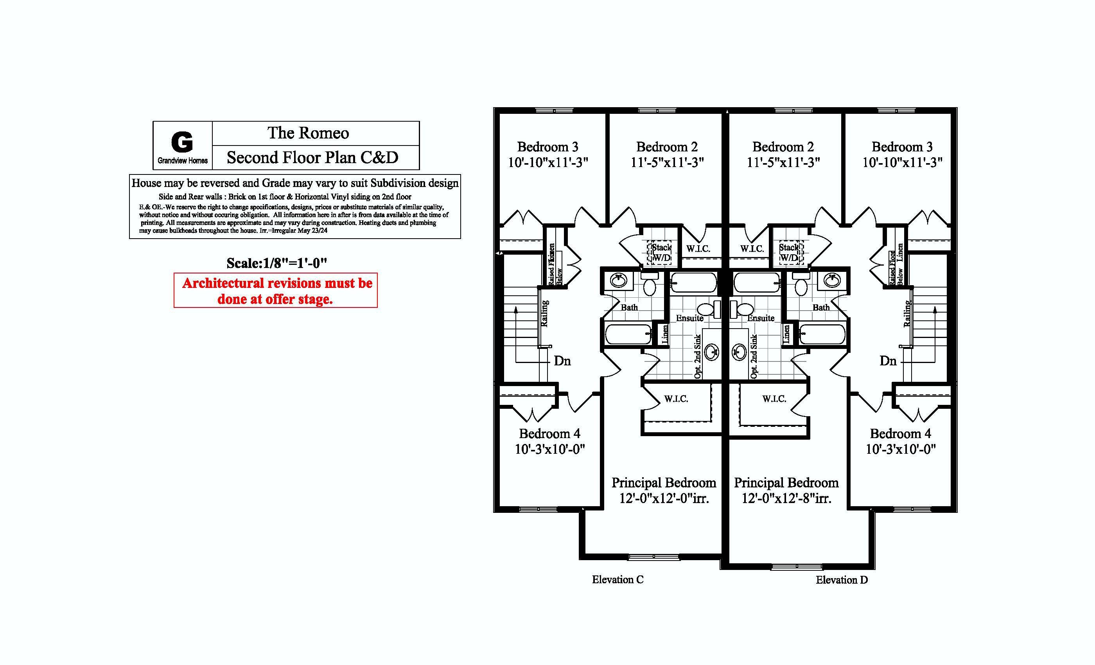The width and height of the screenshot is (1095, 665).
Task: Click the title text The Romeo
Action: (308, 133)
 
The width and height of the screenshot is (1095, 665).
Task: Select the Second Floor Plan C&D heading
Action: (312, 157)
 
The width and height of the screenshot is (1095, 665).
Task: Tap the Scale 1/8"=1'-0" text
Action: (276, 263)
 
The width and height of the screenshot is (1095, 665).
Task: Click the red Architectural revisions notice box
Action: (276, 291)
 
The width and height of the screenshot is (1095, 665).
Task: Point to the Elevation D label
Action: (841, 580)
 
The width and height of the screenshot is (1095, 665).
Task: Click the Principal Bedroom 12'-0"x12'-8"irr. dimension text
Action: (786, 499)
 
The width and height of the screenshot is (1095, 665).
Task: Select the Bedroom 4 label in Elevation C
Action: (549, 433)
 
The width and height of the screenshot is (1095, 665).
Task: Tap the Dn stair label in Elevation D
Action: (888, 361)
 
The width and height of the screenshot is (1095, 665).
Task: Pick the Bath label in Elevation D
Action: (821, 307)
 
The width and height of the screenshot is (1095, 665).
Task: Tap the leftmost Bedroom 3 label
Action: (547, 147)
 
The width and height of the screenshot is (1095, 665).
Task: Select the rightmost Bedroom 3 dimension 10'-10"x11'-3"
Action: (902, 163)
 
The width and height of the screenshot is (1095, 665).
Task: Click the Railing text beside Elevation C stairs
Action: (544, 314)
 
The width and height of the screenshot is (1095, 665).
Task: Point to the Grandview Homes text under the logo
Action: (182, 161)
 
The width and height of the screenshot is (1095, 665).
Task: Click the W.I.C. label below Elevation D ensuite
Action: (774, 399)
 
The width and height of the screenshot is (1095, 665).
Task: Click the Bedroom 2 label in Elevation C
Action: (667, 147)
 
